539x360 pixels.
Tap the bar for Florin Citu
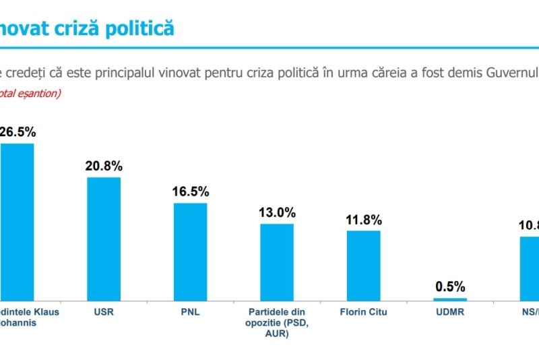point(364,265)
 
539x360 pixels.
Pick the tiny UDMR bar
point(450,299)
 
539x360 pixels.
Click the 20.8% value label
point(104,166)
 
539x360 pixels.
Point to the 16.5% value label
point(191,191)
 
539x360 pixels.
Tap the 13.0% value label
point(277,212)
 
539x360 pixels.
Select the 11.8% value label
point(364,220)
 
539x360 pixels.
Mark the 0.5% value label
point(450,286)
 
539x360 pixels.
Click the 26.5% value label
point(18,132)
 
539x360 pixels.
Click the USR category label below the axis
point(104,312)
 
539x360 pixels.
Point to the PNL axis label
point(191,312)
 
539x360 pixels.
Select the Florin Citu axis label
point(364,312)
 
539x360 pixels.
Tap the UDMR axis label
point(450,312)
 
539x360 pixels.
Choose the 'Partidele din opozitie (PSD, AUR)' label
point(277,322)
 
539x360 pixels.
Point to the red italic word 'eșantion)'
point(39,93)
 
